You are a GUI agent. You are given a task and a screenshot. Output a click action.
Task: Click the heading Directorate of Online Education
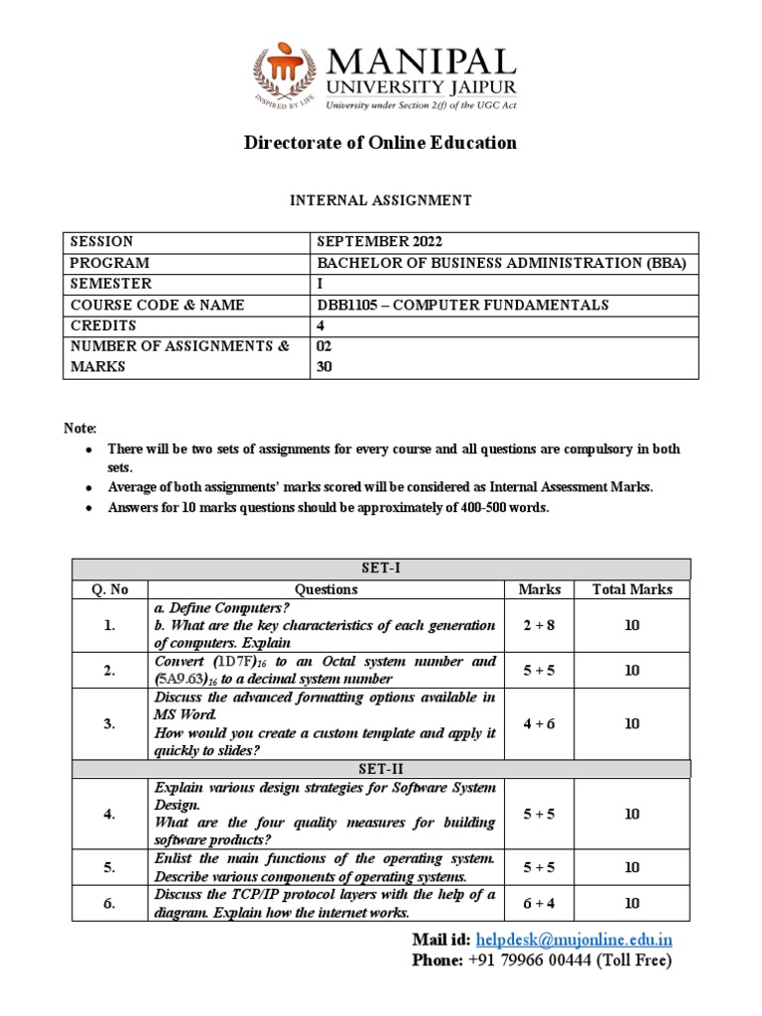[x=380, y=143]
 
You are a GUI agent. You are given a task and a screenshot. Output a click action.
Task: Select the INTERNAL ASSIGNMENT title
[x=380, y=200]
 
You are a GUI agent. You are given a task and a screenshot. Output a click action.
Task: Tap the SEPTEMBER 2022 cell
[x=379, y=242]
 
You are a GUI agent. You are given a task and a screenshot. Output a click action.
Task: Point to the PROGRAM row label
[x=109, y=263]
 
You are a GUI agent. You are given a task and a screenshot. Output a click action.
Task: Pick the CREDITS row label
[x=102, y=325]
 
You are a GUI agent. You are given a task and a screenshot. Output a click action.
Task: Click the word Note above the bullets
[x=79, y=428]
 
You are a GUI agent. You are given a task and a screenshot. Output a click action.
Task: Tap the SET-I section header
[x=380, y=569]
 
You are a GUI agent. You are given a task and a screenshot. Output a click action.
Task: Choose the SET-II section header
[x=380, y=768]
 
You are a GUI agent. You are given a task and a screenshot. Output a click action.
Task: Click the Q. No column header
[x=110, y=589]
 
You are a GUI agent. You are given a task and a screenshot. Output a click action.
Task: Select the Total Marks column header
[x=632, y=589]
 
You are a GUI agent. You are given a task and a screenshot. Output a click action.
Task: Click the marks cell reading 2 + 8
[x=540, y=625]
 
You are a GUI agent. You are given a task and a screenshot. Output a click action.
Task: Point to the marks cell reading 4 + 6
[x=540, y=723]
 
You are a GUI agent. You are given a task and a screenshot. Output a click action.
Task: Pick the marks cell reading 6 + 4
[x=540, y=903]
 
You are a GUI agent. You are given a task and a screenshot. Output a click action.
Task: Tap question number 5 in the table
[x=110, y=867]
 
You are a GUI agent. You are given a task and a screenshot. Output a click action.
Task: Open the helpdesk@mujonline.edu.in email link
[x=574, y=940]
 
